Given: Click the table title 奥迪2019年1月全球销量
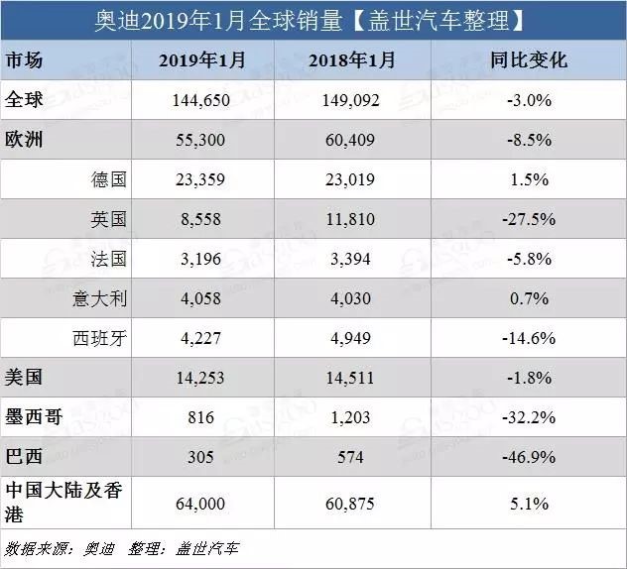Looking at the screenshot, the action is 218,21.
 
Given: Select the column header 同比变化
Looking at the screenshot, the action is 529,60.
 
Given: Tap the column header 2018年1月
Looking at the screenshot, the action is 352,60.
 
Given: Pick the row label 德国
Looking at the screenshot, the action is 109,179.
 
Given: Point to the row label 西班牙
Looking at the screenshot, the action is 100,338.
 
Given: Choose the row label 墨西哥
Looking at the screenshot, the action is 34,417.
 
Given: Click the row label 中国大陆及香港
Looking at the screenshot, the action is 63,502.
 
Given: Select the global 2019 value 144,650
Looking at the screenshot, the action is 200,100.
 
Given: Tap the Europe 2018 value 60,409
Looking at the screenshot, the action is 350,140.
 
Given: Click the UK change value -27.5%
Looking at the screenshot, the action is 529,219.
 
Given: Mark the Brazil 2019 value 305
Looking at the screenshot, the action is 200,457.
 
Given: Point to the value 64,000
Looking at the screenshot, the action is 200,503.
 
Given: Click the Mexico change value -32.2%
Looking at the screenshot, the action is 529,417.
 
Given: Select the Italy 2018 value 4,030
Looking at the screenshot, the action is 350,298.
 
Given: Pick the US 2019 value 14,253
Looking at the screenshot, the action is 200,378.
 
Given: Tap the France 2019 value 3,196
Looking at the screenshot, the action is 200,259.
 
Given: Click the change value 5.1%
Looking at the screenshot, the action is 529,503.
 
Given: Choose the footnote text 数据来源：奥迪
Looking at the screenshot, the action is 60,548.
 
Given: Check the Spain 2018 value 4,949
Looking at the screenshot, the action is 350,338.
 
